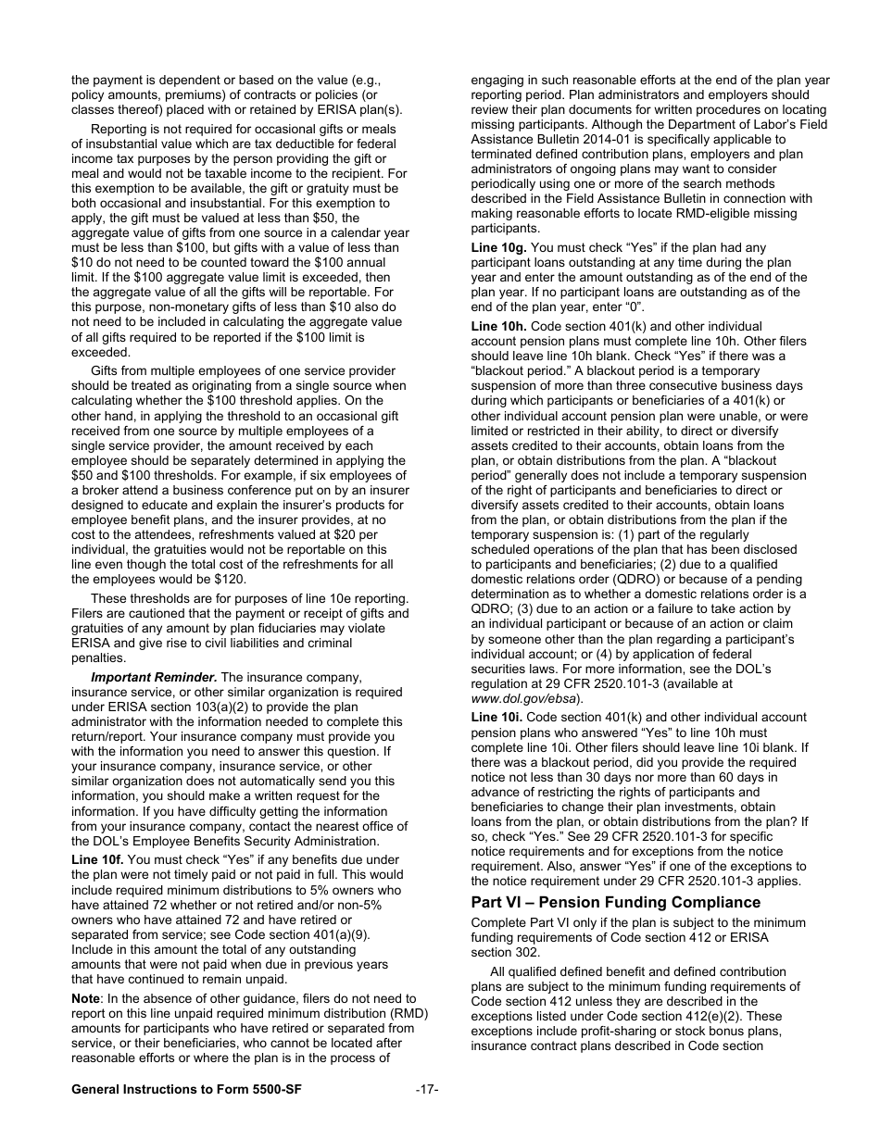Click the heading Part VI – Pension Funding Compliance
[x=615, y=902]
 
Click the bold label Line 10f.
[x=97, y=860]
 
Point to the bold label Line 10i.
[x=497, y=718]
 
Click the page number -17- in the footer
[x=427, y=1090]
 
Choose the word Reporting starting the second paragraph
[x=120, y=130]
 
